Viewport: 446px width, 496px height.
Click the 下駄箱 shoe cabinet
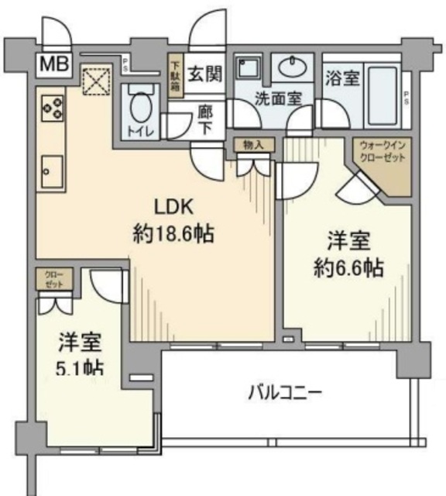tap(176, 77)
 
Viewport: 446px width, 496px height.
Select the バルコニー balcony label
tap(284, 392)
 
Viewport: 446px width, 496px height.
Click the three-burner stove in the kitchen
tap(52, 108)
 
